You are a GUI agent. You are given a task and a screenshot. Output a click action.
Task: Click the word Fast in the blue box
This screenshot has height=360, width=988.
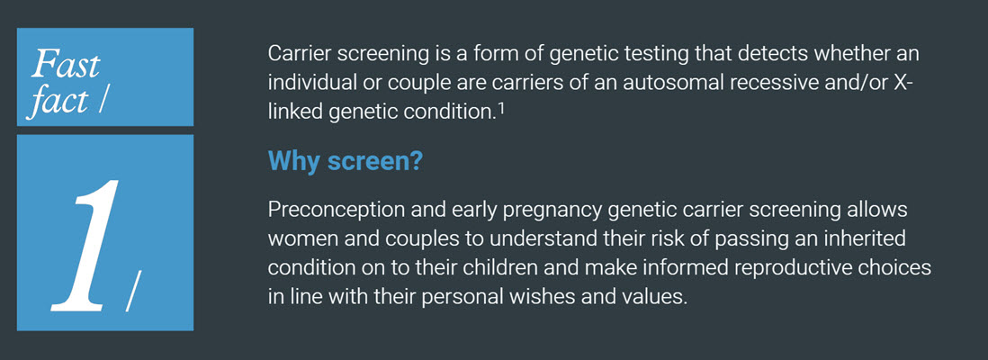[66, 65]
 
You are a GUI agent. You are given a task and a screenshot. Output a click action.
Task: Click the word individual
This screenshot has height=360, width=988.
[309, 82]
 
